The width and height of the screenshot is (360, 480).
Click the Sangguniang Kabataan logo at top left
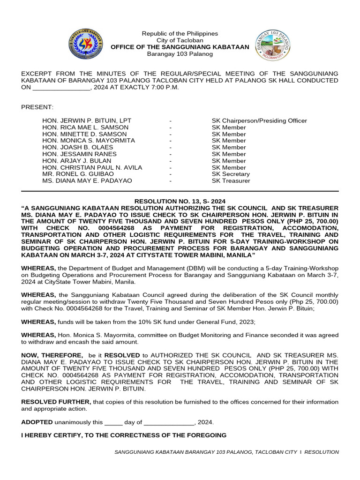(x=85, y=44)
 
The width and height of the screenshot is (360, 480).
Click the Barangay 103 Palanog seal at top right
(x=273, y=45)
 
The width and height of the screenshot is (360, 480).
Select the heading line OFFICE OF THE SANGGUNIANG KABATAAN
(x=180, y=47)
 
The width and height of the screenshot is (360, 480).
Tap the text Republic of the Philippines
(x=180, y=34)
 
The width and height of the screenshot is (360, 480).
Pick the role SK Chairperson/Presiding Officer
(x=259, y=120)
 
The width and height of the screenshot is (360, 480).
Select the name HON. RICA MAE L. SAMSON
(x=85, y=127)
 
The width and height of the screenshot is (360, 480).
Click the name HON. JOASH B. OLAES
(x=77, y=147)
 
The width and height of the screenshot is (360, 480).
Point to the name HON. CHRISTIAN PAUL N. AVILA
(x=92, y=167)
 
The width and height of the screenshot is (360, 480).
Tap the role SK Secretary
(x=231, y=174)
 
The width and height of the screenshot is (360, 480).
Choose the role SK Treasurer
(x=231, y=181)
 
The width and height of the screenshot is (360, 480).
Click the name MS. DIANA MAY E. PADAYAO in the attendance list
(x=87, y=181)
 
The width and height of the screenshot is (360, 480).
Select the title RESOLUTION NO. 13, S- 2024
(x=180, y=201)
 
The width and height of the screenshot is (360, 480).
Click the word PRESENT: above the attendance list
(x=37, y=107)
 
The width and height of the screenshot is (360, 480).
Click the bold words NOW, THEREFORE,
(x=52, y=356)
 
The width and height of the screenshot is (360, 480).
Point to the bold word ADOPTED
(x=37, y=422)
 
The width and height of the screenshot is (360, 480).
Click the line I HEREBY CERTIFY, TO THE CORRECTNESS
(x=124, y=435)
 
